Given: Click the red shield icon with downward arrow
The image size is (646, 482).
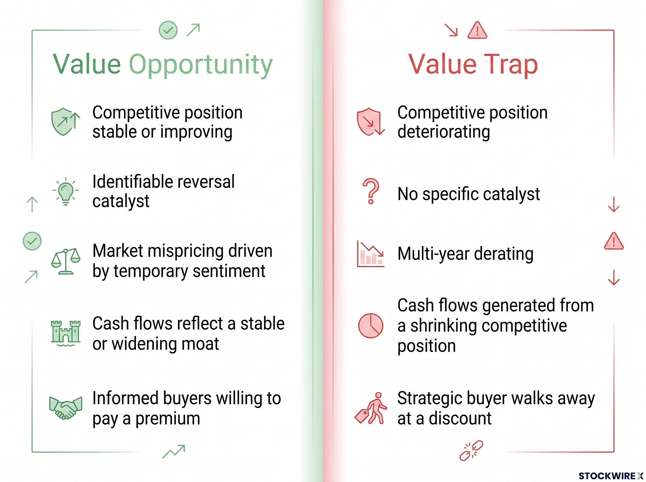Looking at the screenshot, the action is click(x=370, y=122).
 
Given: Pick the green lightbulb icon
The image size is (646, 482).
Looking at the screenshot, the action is click(x=66, y=191).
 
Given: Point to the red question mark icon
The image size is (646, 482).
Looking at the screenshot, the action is click(x=371, y=192).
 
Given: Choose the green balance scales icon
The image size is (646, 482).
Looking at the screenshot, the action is click(x=66, y=261).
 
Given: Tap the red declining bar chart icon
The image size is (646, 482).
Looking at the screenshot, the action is click(x=370, y=254).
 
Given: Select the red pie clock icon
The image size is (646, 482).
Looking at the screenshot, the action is click(x=370, y=326).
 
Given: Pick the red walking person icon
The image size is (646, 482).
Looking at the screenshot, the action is click(x=371, y=408).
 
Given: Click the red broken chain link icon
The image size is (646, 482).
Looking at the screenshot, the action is click(x=471, y=451).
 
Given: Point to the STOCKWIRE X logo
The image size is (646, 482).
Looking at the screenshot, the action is click(x=611, y=476).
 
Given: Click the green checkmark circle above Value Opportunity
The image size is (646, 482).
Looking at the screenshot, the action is click(x=168, y=30).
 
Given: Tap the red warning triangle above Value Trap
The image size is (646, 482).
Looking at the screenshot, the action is click(x=477, y=30).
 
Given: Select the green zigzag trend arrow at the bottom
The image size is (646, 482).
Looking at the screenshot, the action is click(x=174, y=452).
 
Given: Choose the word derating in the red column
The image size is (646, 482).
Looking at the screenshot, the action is click(x=504, y=254).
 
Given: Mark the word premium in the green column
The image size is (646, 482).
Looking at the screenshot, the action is click(x=168, y=419).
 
